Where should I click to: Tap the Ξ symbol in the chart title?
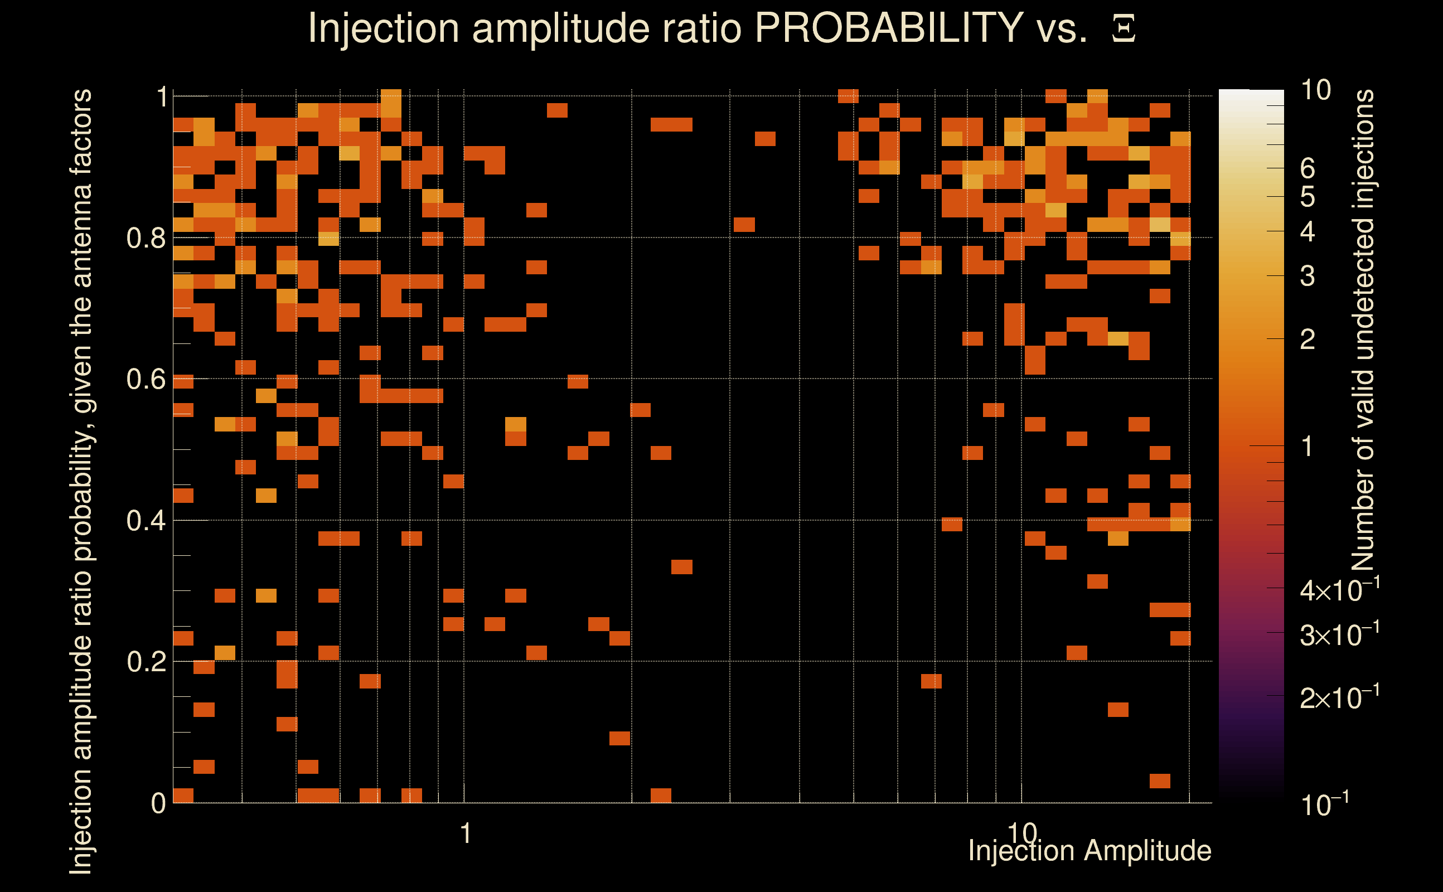[1124, 29]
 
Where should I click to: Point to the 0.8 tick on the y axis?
[146, 239]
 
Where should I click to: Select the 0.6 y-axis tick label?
[146, 379]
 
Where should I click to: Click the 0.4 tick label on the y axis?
[146, 521]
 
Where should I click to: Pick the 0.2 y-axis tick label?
[146, 662]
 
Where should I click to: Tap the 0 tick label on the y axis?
[158, 803]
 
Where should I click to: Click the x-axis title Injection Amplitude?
[1089, 851]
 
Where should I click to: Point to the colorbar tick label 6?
[1308, 169]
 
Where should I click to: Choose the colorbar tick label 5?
[1308, 197]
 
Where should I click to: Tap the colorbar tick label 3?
[1308, 276]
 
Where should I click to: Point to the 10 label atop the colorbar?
[1315, 90]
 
